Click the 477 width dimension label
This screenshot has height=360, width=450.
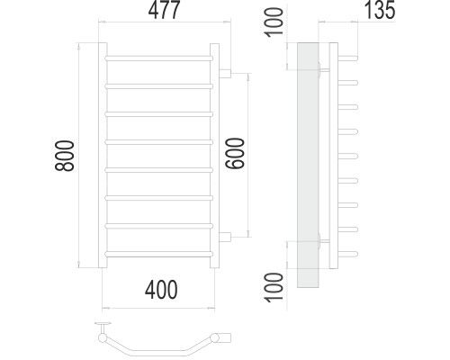164,10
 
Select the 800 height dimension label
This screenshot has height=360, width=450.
65,156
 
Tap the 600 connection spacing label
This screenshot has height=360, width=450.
236,153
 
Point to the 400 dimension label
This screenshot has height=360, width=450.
161,290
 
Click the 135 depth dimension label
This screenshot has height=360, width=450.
380,10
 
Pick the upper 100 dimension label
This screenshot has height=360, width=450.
274,22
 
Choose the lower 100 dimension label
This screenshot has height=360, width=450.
274,287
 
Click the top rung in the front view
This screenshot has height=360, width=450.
159,58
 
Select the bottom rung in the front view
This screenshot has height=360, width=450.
159,254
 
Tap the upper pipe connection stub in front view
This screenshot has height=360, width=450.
225,74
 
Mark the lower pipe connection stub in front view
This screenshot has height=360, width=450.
225,237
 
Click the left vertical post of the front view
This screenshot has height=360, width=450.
103,156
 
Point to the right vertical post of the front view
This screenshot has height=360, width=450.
214,156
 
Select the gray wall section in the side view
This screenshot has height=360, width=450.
308,165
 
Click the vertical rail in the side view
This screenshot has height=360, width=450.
334,156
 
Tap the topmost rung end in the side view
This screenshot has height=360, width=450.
348,58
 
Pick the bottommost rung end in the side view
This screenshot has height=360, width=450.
348,254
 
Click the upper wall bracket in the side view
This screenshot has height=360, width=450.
322,70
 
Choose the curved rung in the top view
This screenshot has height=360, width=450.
158,346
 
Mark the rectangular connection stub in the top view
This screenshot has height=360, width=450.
225,337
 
